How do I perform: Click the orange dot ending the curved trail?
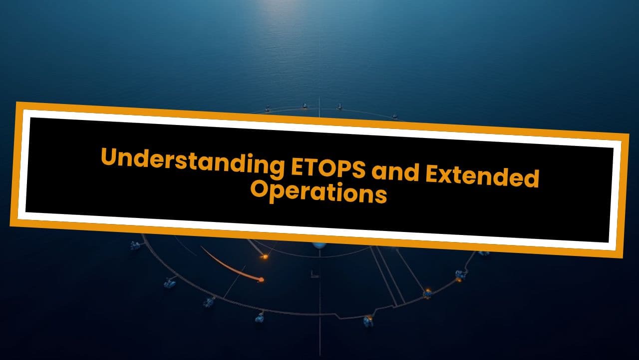(x=261, y=279)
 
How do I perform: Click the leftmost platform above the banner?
(x=268, y=108)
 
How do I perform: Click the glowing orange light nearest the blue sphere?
(x=265, y=256)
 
